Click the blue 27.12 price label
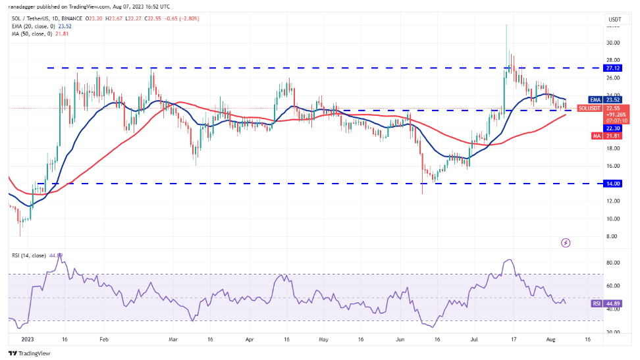612,68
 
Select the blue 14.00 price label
612,184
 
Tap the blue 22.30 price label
612,128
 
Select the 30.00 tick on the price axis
612,43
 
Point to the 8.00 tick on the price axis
612,236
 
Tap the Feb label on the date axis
103,340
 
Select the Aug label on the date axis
550,340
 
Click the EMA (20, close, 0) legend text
32,26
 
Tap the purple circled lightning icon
565,243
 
